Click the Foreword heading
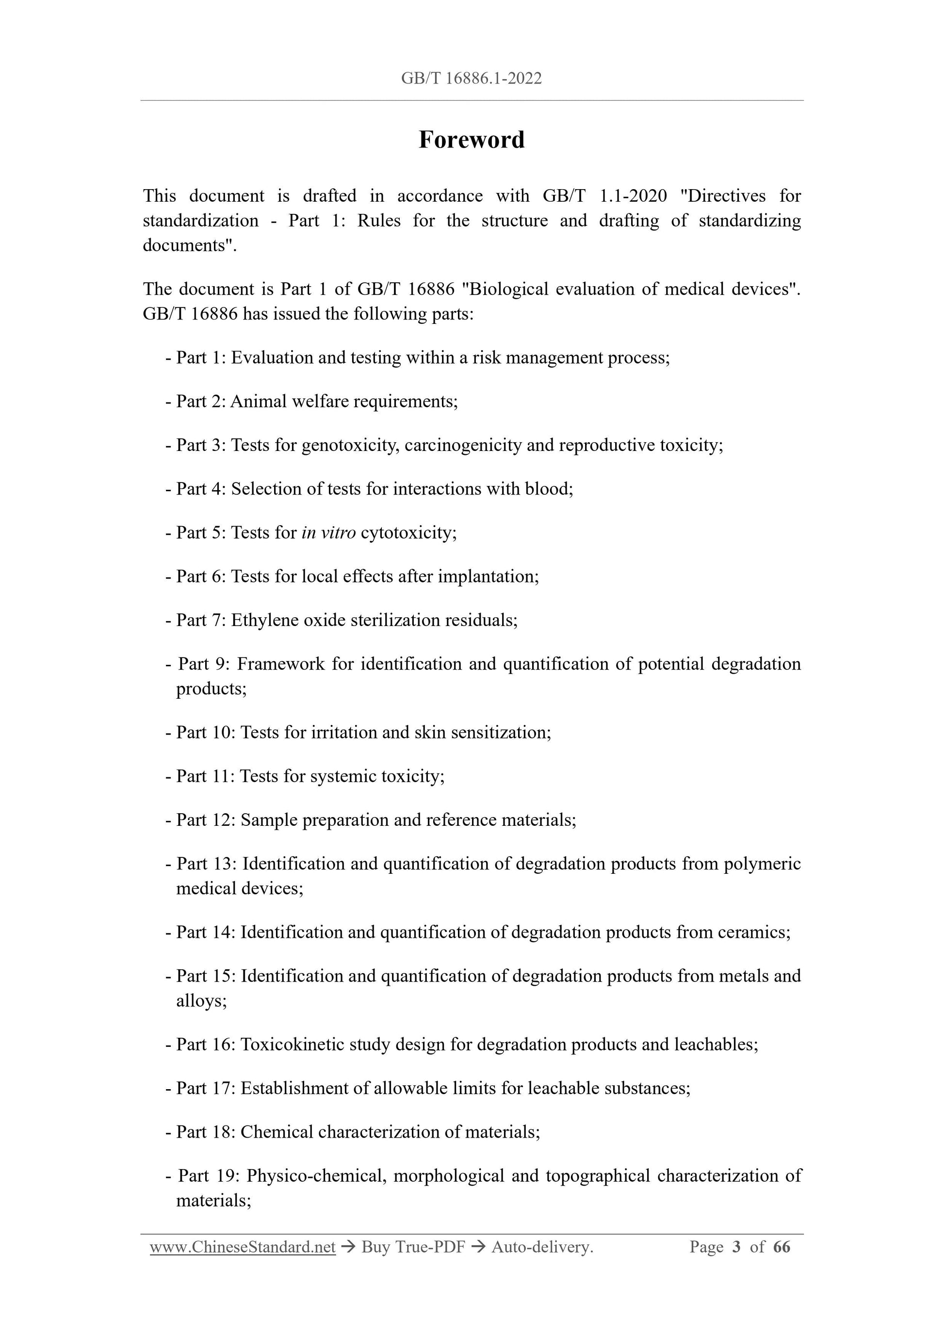point(471,140)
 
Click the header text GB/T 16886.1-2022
point(471,79)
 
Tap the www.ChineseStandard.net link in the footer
point(243,1247)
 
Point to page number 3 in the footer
point(736,1247)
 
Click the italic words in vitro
point(328,532)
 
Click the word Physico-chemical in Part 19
point(316,1175)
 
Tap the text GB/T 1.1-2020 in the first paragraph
point(604,196)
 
